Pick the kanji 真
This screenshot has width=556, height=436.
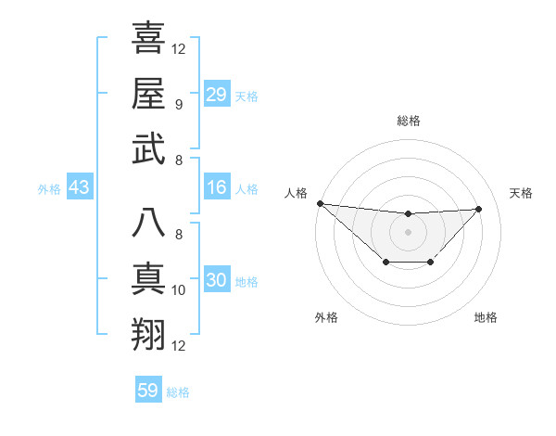[x=148, y=279]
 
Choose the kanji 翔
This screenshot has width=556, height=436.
[x=148, y=335]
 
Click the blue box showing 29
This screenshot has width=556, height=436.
[x=216, y=95]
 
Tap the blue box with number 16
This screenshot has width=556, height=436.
[x=216, y=188]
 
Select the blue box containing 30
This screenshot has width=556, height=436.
[x=216, y=281]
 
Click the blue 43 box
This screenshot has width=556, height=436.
[x=79, y=188]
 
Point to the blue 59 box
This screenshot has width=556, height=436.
[x=147, y=391]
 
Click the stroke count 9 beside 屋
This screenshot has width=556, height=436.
[x=179, y=105]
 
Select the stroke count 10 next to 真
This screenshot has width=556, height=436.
[x=179, y=290]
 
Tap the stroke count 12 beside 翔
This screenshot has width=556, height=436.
[x=179, y=346]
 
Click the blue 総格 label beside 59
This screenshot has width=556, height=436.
[x=178, y=392]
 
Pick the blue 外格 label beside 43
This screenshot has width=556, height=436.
[x=49, y=189]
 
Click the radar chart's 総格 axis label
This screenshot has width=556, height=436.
[x=408, y=121]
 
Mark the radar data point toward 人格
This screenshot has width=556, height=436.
[x=320, y=203]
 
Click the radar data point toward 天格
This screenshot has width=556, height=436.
[x=479, y=209]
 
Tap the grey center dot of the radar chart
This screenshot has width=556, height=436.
[x=408, y=232]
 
